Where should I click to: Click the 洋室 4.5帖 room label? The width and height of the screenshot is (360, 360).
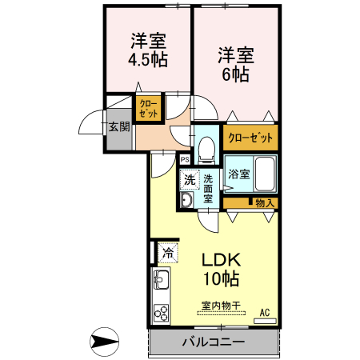148,50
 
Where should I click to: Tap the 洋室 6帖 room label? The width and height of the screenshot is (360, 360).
236,64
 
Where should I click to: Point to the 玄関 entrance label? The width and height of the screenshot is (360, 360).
119,126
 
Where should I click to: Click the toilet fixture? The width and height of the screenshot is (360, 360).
206,150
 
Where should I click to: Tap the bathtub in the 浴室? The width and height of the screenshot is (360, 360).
265,174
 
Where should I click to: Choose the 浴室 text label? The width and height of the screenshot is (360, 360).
239,174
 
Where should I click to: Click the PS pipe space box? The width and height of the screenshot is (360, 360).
185,160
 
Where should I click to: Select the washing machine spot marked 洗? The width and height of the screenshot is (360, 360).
190,180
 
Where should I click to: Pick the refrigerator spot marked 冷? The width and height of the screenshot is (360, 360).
168,253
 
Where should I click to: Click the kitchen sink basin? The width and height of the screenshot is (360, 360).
161,279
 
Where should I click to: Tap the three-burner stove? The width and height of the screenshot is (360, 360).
162,313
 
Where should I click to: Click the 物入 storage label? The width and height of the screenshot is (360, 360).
265,203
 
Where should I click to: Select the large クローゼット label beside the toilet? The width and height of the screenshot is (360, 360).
250,138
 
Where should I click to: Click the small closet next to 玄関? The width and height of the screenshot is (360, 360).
149,108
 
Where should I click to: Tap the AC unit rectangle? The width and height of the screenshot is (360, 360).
265,321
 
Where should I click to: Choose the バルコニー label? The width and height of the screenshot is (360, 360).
214,342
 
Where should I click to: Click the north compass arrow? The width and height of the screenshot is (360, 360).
104,342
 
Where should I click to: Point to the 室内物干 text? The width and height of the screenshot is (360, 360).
221,306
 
